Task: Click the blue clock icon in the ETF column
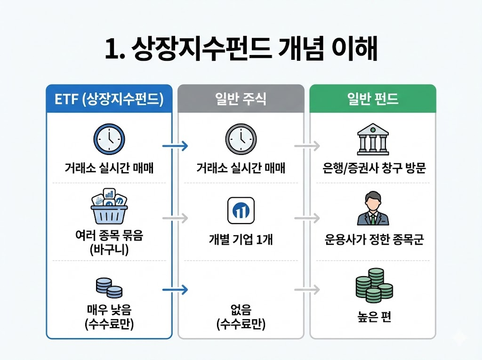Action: (109, 139)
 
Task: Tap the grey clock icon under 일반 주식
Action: (241, 139)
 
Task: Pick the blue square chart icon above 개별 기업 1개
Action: (241, 210)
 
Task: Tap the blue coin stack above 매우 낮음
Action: (109, 288)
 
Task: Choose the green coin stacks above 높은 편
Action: (373, 285)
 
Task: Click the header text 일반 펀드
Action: (373, 99)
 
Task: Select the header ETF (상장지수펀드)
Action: (109, 100)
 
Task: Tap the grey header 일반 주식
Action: (241, 99)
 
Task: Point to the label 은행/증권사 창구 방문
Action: (373, 168)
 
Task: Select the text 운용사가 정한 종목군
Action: (373, 240)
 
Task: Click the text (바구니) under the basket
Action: (109, 249)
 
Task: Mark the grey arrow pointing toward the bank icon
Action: (307, 146)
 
